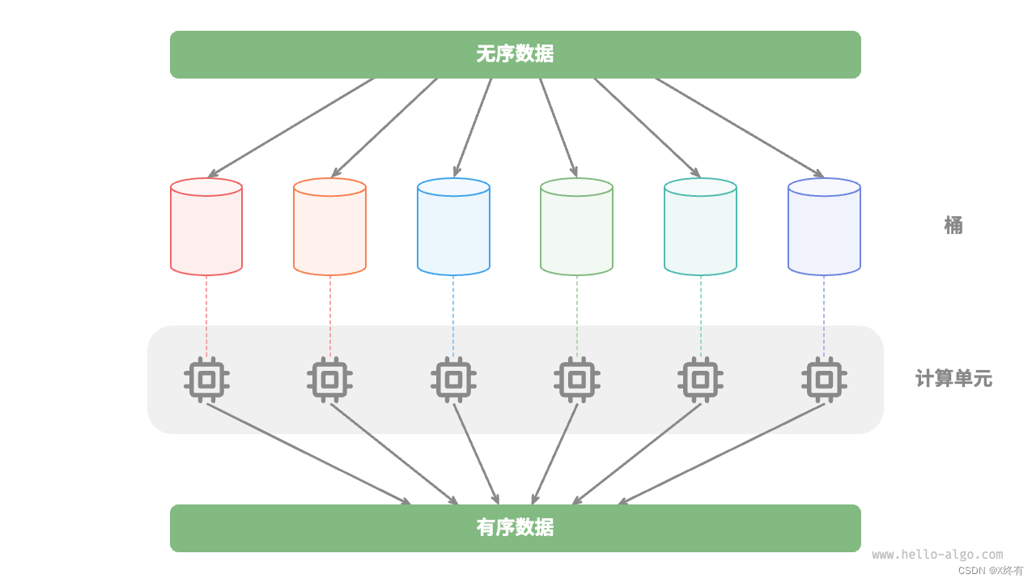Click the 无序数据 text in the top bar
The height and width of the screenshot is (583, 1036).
[x=515, y=54]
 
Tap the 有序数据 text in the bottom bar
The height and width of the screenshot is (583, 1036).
[x=515, y=528]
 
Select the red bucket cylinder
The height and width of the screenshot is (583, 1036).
[x=206, y=228]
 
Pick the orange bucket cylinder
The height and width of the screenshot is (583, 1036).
[x=329, y=228]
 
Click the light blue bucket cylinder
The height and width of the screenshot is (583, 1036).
[x=453, y=228]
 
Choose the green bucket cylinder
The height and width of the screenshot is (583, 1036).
[x=576, y=228]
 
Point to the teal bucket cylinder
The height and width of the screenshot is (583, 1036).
[x=700, y=228]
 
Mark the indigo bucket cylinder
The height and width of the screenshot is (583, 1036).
[x=824, y=228]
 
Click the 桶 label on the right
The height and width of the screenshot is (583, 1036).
[x=953, y=225]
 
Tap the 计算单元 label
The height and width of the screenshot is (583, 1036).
[x=953, y=378]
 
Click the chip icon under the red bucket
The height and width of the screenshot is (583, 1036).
[x=206, y=379]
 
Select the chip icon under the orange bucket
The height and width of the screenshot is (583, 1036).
[x=329, y=379]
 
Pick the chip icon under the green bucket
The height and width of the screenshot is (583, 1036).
[x=576, y=379]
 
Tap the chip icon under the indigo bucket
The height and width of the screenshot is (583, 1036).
[x=824, y=379]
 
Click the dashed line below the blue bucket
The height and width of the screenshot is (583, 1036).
[x=453, y=316]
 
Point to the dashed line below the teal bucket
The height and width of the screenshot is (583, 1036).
[x=700, y=316]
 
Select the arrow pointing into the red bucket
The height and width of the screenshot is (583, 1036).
[x=291, y=127]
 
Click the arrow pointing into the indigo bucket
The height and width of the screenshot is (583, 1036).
[x=739, y=127]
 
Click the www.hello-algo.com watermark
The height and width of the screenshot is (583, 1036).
[x=937, y=555]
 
